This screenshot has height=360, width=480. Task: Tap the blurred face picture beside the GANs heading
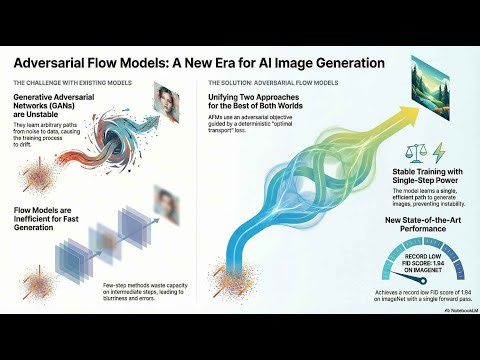point(167,100)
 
